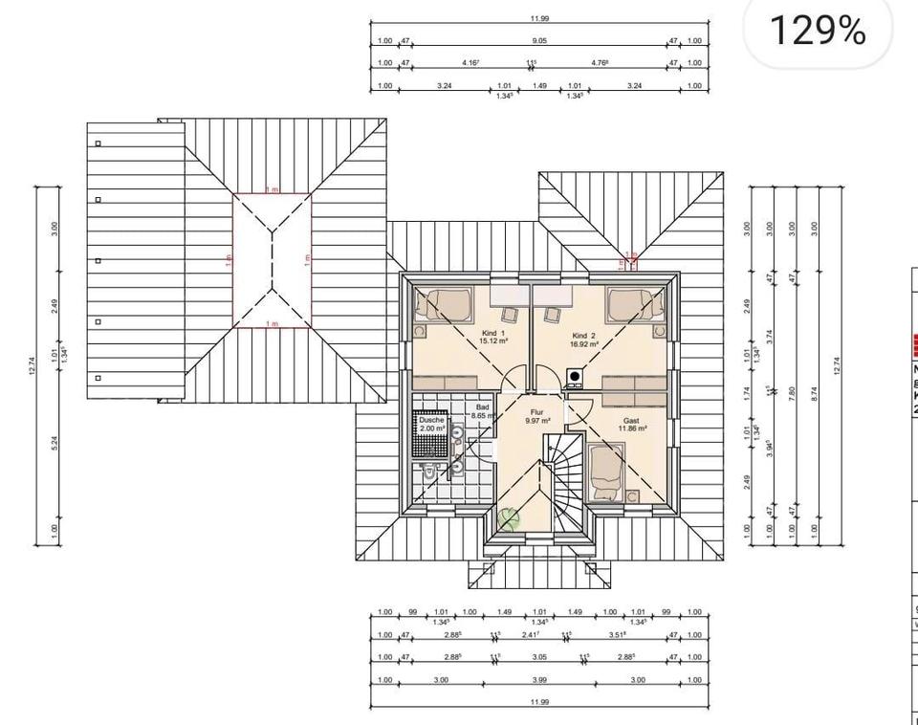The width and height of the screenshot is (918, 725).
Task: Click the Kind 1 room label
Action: [x=495, y=333]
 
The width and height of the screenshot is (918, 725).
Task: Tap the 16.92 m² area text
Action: [x=583, y=344]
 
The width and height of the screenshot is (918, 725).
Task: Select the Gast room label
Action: [x=631, y=420]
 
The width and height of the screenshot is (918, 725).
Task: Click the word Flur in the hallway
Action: [x=536, y=411]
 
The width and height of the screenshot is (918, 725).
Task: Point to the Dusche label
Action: [x=431, y=419]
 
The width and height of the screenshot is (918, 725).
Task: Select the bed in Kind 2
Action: [x=636, y=304]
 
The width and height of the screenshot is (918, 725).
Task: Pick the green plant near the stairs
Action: [x=508, y=518]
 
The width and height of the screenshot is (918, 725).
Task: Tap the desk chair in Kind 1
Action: [x=510, y=314]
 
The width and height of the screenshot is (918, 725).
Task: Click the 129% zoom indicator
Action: [x=818, y=31]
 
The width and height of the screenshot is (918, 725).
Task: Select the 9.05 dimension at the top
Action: [x=539, y=41]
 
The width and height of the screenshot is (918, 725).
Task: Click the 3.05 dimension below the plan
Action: [x=539, y=657]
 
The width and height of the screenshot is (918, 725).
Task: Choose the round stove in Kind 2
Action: [x=574, y=376]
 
